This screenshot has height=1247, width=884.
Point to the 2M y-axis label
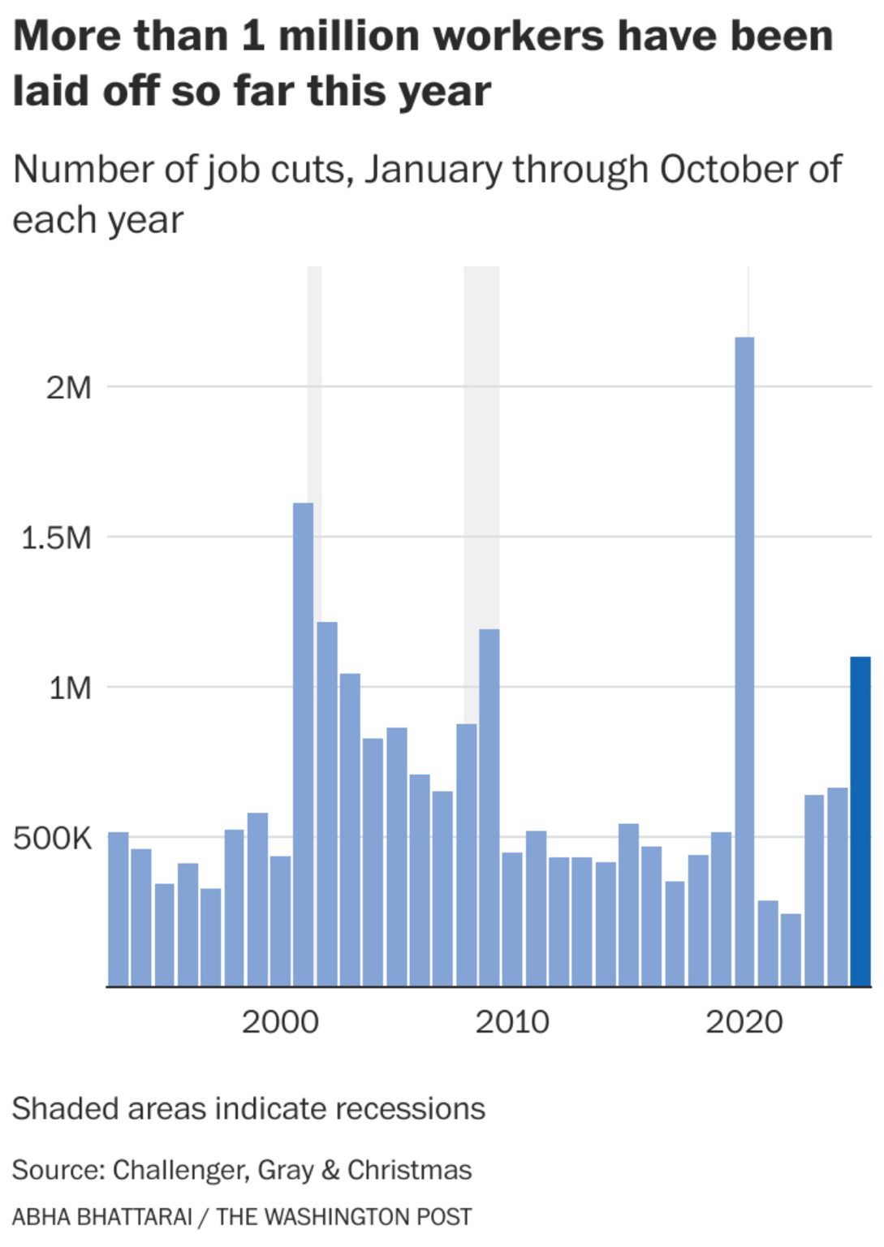(x=68, y=388)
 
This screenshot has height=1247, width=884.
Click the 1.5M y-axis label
(x=56, y=537)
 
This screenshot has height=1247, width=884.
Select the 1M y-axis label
(x=69, y=688)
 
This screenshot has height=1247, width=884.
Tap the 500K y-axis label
(x=53, y=839)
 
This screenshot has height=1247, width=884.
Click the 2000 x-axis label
(x=280, y=1021)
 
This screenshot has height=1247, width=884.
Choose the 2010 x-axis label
(x=512, y=1021)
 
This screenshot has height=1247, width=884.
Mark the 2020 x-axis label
(x=744, y=1021)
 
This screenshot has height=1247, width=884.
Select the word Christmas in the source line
(x=409, y=1170)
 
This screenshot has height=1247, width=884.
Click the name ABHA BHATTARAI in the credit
(x=101, y=1217)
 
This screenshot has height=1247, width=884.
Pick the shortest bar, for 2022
(x=790, y=950)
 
